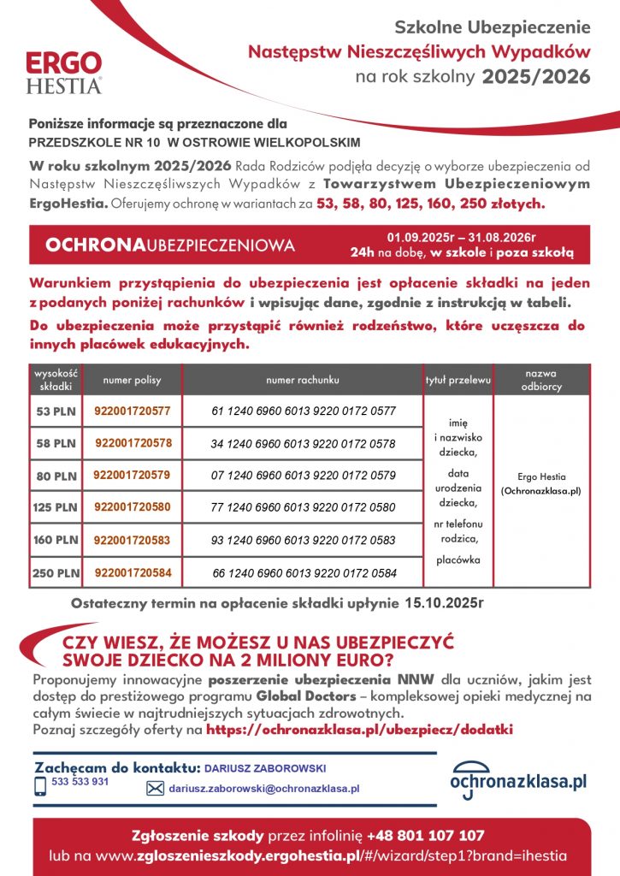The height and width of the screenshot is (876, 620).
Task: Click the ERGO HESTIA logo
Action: tap(64, 73)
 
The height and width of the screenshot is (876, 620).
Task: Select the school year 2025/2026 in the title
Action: tap(536, 77)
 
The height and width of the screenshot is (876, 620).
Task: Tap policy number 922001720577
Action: tap(133, 411)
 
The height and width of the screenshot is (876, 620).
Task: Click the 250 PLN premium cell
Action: tap(55, 572)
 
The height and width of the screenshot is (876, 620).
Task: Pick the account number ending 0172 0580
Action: tap(303, 507)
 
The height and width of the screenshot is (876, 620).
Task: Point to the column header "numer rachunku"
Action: tap(303, 379)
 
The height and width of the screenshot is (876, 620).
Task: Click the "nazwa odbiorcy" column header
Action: tap(541, 380)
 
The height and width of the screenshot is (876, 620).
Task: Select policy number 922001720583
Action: tap(133, 540)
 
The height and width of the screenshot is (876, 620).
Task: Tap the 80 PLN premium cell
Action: tap(55, 476)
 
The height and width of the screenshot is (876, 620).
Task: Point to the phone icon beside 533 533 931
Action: tap(40, 786)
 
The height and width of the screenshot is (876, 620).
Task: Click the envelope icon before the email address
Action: tap(156, 789)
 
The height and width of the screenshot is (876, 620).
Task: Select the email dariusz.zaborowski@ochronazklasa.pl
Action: tap(264, 789)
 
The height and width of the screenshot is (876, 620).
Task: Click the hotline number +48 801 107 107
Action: tap(426, 835)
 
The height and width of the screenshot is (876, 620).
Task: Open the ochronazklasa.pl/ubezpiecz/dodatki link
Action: tap(360, 730)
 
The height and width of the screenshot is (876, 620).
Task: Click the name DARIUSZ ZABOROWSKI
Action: tap(265, 768)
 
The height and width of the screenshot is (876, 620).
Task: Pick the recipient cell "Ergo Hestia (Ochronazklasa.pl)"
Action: tap(541, 484)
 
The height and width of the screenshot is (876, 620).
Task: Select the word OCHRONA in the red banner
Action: tap(94, 246)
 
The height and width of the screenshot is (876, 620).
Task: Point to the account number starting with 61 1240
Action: tap(303, 411)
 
